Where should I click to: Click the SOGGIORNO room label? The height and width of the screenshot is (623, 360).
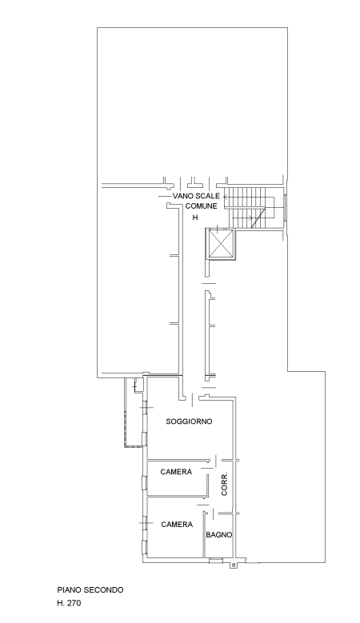[x=189, y=421]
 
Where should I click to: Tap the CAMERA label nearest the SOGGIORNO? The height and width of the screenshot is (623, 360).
[x=176, y=472]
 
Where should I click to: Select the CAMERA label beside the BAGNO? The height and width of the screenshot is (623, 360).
[x=177, y=525]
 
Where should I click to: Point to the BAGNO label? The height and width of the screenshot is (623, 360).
[x=219, y=535]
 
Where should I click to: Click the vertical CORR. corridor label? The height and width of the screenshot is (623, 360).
[x=225, y=484]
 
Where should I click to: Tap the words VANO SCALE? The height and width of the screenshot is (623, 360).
[x=196, y=196]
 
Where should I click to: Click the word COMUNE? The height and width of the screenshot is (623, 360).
[x=201, y=206]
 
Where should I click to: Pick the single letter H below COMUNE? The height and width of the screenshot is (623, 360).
[x=195, y=218]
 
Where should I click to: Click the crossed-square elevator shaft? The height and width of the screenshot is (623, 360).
[x=221, y=244]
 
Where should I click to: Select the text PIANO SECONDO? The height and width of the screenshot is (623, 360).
[x=90, y=590]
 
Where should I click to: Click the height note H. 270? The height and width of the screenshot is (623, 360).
[x=69, y=603]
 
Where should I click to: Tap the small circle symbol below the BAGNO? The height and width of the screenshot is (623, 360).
[x=234, y=565]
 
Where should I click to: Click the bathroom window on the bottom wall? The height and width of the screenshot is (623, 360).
[x=216, y=561]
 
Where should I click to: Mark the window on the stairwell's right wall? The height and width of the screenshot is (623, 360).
[x=286, y=207]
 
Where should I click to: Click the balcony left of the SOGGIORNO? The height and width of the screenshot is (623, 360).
[x=134, y=412]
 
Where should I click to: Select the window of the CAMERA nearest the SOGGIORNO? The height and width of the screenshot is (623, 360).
[x=145, y=483]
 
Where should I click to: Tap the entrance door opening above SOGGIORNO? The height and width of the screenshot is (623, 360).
[x=193, y=398]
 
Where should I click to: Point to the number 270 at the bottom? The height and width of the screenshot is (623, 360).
[x=74, y=603]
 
